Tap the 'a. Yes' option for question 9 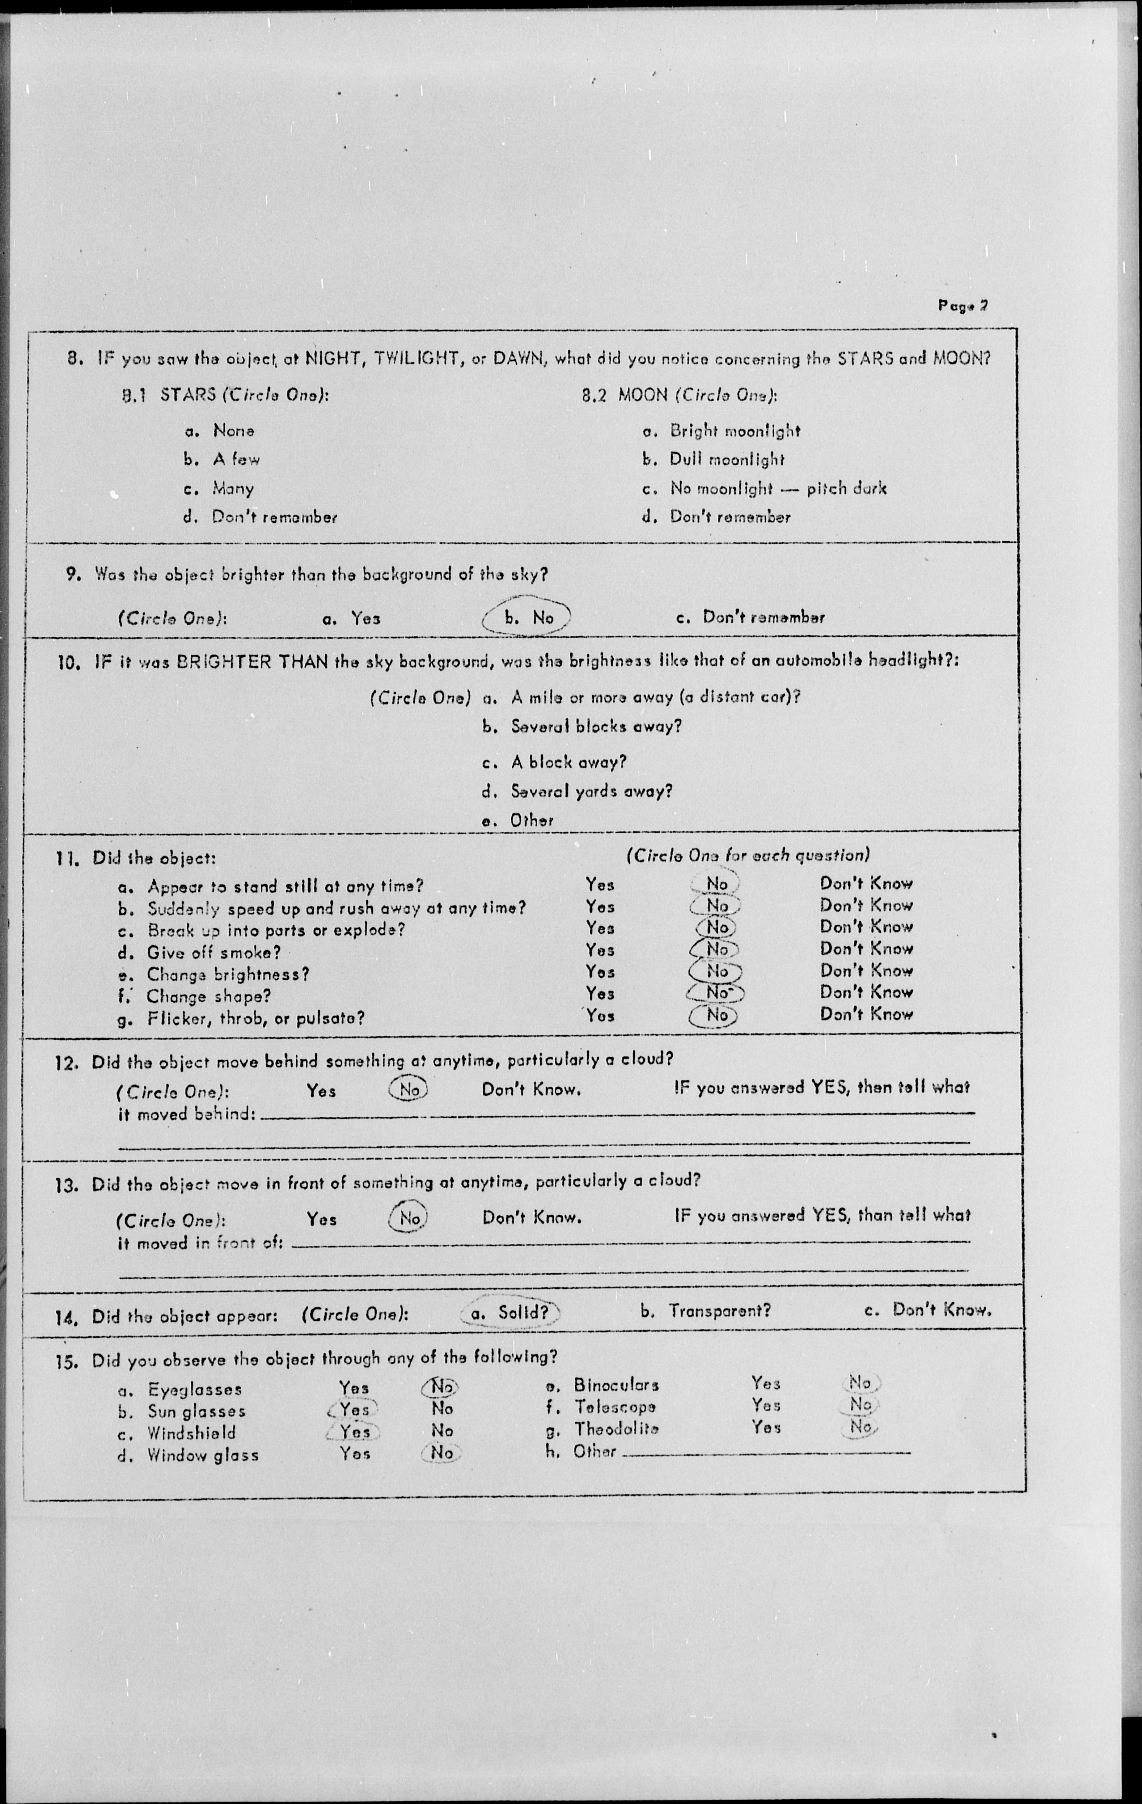click(351, 618)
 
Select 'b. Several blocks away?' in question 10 click(581, 726)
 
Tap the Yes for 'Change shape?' click(600, 993)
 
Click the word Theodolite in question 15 click(617, 1429)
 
